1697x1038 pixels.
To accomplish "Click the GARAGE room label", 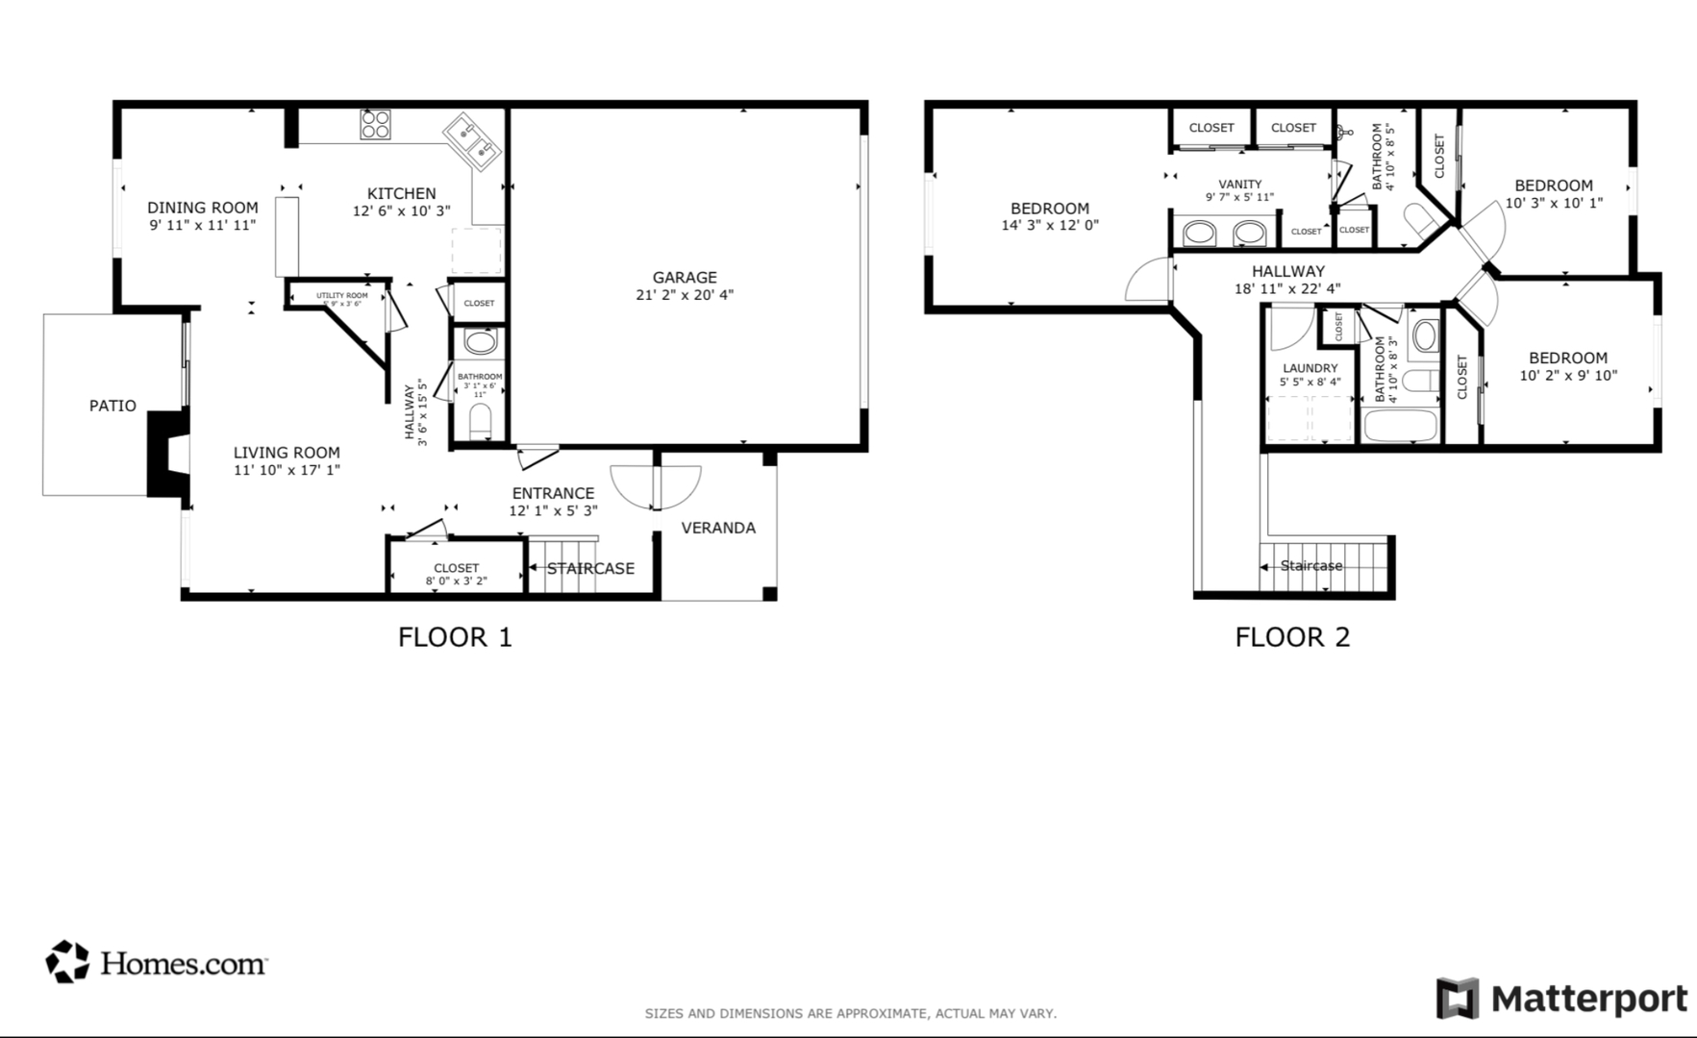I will click(x=685, y=278).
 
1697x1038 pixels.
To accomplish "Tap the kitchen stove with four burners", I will click(x=375, y=125).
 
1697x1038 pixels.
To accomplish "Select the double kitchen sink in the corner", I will click(x=472, y=141).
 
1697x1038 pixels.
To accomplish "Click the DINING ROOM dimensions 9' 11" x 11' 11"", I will click(x=202, y=225).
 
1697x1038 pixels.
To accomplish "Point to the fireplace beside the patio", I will click(x=166, y=454).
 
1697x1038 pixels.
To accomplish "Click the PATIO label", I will click(x=112, y=406).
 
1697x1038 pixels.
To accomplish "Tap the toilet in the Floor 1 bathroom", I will click(x=480, y=419).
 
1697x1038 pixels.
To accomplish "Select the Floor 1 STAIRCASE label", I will click(x=590, y=568).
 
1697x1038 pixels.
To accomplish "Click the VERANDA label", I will click(x=718, y=528).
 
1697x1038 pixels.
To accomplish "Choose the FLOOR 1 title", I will click(x=455, y=636).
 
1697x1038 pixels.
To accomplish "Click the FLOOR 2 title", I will click(x=1292, y=636).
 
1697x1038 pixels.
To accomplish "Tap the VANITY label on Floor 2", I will click(x=1239, y=184).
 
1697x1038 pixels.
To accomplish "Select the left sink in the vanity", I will click(x=1198, y=233).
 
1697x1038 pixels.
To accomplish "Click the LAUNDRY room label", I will click(x=1310, y=368).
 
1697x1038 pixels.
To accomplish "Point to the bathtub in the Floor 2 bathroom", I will click(x=1400, y=425).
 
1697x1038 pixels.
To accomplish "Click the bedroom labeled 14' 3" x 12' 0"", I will click(x=1050, y=216).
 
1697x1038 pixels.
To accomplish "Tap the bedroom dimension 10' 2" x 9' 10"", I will click(x=1568, y=376).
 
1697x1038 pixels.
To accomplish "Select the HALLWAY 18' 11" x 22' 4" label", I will click(x=1287, y=280).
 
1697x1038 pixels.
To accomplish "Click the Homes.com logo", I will click(x=157, y=962).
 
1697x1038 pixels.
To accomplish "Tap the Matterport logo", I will click(x=1561, y=1000).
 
